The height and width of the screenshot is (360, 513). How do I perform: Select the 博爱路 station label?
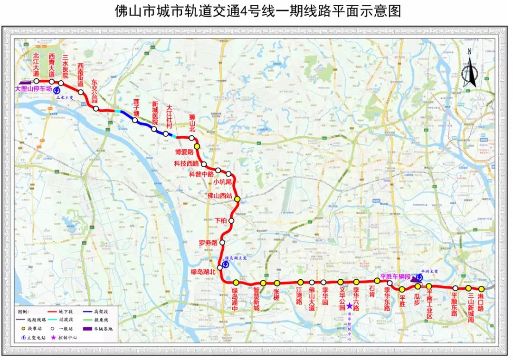point(184,152)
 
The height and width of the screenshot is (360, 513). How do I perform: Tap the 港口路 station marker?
point(481,289)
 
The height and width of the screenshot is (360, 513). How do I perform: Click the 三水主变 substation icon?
point(57,90)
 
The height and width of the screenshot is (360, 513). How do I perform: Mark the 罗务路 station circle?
point(222,242)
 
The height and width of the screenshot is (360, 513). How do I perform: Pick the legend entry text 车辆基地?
point(103,328)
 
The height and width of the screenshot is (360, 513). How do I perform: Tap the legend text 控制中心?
point(67,337)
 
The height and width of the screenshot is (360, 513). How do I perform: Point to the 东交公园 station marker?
point(96,109)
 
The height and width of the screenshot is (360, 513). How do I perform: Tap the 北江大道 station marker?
point(36,81)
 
